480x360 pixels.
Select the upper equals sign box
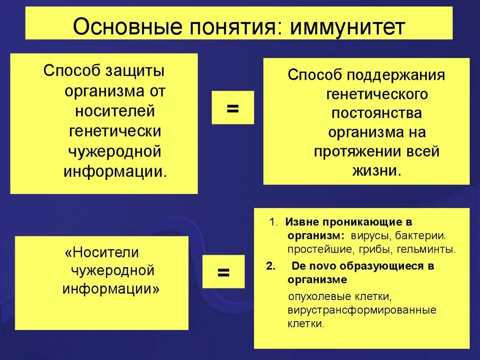[232, 107]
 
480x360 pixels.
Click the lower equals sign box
[223, 271]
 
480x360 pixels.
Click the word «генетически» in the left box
[115, 132]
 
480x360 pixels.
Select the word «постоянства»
[377, 113]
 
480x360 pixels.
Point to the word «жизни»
[376, 171]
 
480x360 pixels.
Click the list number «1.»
[274, 222]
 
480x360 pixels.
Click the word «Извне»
[298, 222]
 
